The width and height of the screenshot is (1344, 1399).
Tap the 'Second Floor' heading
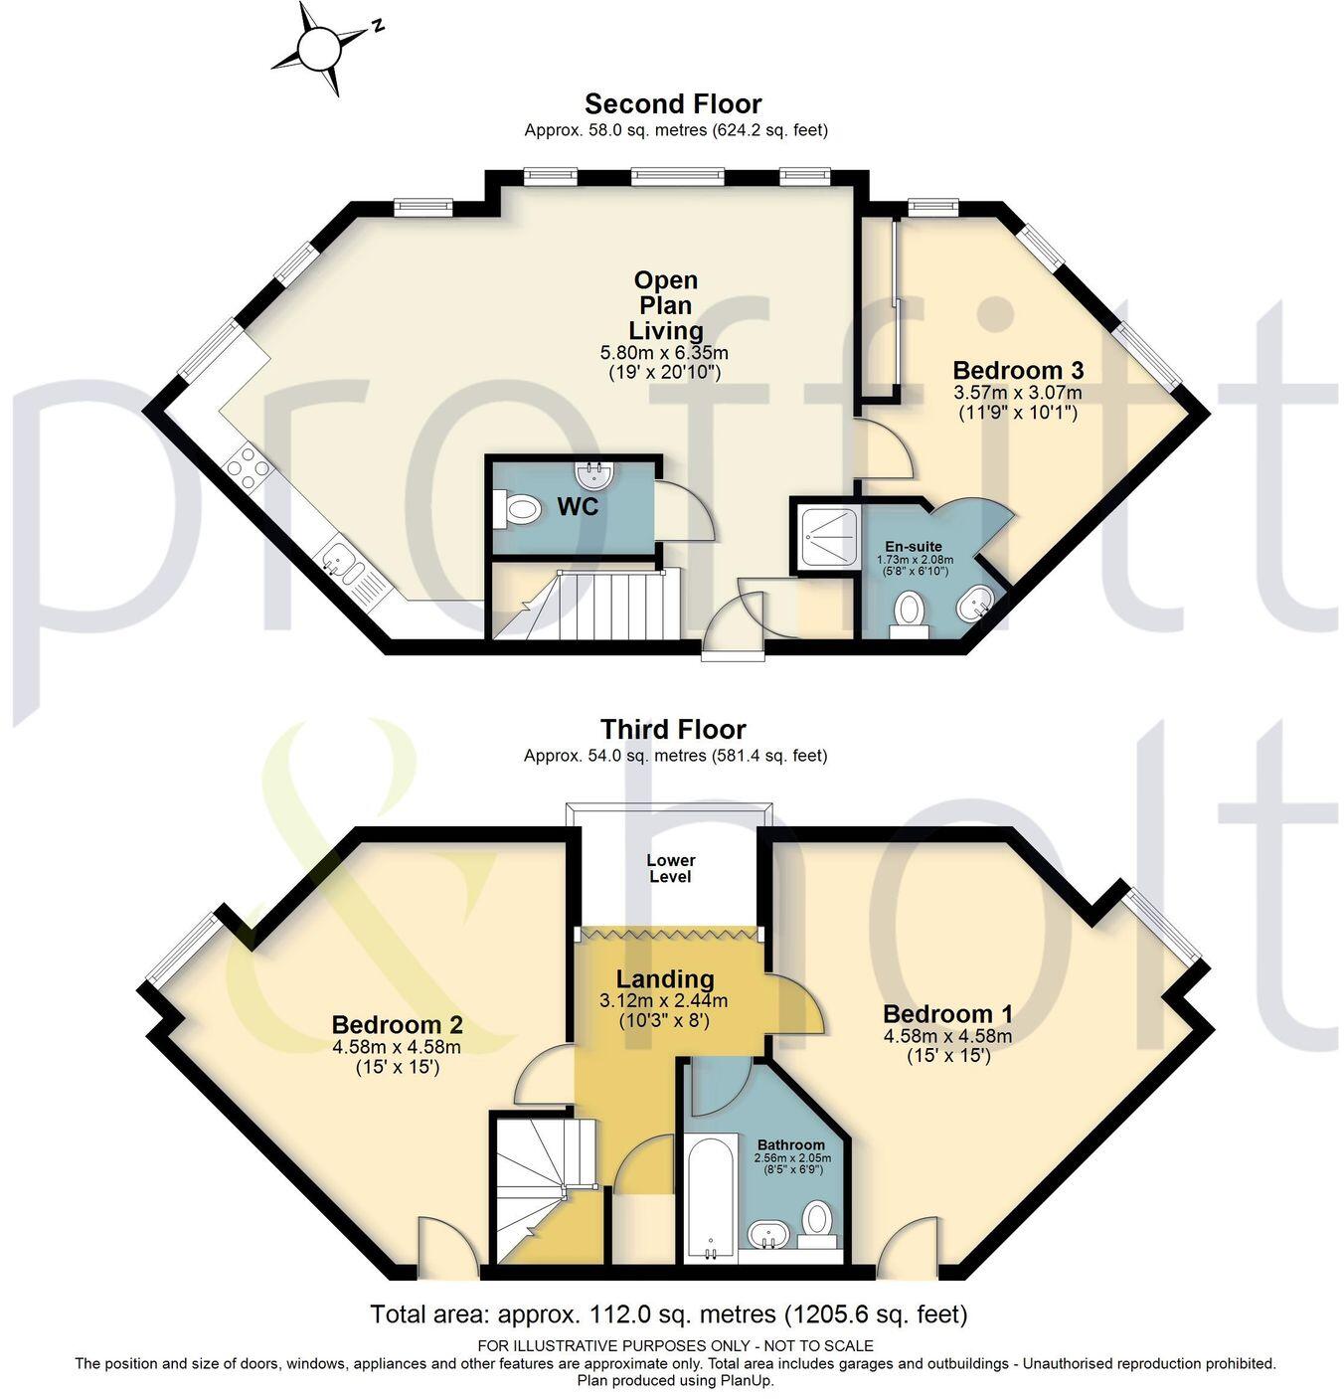click(673, 104)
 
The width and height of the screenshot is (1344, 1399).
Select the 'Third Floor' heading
click(673, 730)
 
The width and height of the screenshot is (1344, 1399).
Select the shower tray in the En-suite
click(825, 538)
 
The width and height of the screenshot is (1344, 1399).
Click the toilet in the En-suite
click(909, 612)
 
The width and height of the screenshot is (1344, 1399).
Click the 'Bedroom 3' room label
click(1017, 370)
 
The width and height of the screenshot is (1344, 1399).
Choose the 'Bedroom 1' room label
click(947, 1013)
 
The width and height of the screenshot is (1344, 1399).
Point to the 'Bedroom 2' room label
click(397, 1023)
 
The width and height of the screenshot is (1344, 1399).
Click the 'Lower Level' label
click(671, 868)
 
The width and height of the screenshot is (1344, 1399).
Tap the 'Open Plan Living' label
click(666, 305)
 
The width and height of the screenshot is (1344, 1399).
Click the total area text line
click(668, 1314)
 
